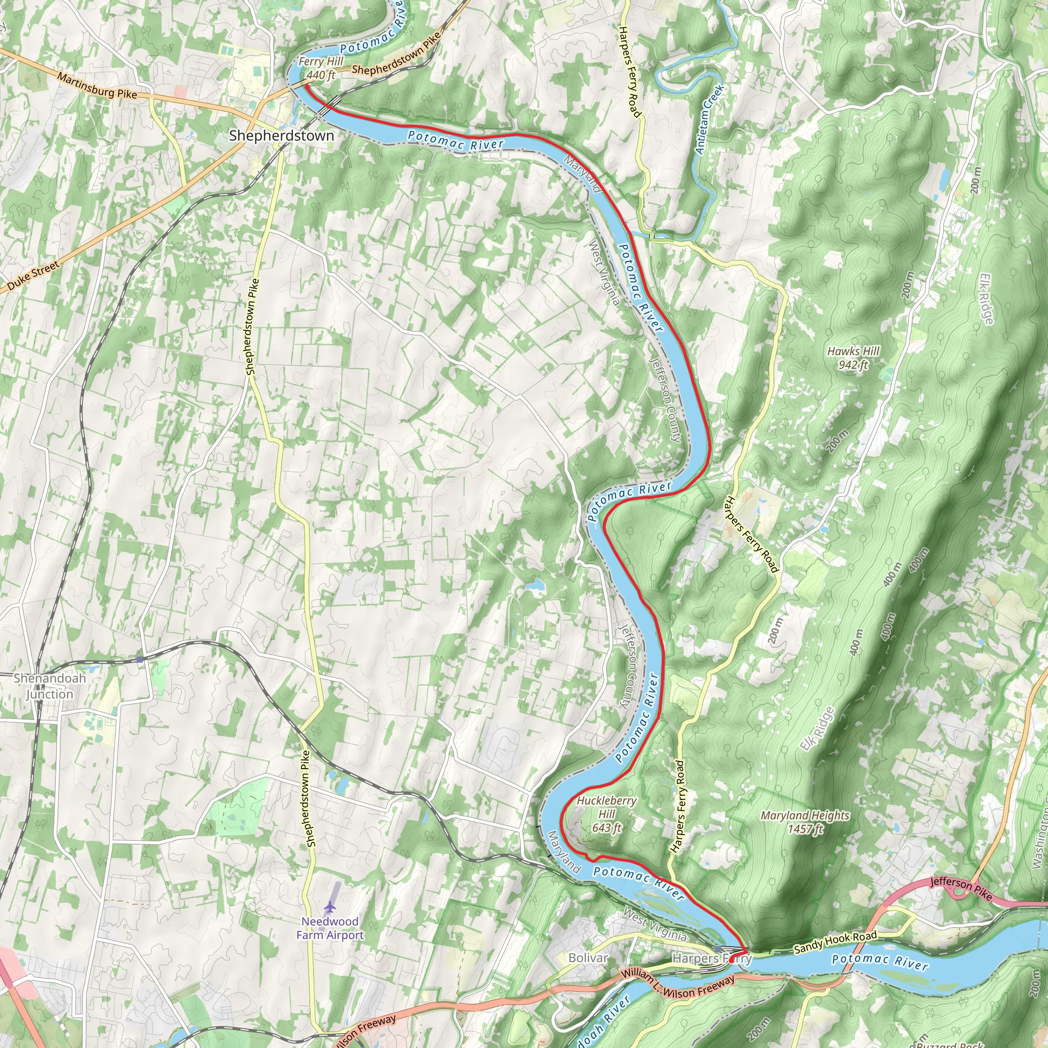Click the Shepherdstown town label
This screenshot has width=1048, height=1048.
[281, 136]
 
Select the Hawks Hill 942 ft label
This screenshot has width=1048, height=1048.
[853, 358]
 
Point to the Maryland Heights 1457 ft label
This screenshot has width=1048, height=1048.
[805, 822]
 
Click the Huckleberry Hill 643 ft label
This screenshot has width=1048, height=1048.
[606, 814]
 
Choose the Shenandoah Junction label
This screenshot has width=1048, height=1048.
[49, 686]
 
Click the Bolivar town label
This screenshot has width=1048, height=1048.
[588, 958]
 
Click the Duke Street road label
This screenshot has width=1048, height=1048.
[33, 276]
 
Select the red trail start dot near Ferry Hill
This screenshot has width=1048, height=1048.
[307, 86]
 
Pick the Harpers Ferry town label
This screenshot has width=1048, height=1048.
[712, 958]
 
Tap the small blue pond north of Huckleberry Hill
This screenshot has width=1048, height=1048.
[536, 585]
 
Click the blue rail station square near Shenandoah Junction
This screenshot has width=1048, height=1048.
[140, 660]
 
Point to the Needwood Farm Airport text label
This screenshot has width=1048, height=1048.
[330, 928]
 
